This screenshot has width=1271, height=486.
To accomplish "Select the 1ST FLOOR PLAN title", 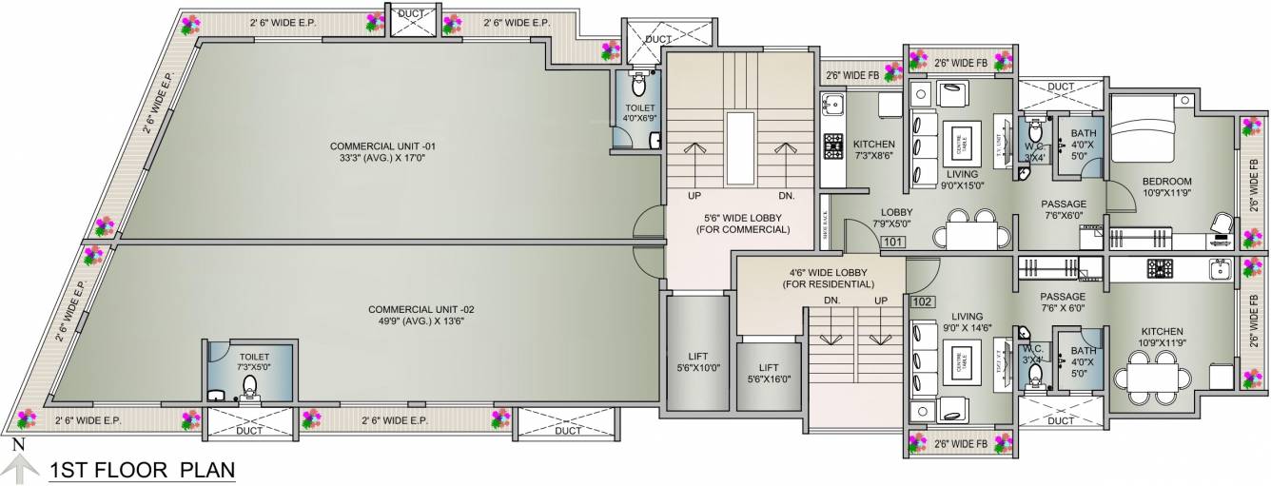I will tap(142, 470).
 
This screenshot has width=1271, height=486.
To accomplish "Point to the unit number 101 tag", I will tap(892, 242).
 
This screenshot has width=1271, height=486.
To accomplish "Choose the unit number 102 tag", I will tap(921, 301).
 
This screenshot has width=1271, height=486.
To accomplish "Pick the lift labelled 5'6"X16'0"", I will tap(769, 373).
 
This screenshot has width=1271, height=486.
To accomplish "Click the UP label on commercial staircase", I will tap(694, 195).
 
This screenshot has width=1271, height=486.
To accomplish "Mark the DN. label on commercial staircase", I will tap(786, 195).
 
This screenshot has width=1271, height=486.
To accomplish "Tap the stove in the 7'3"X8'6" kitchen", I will tap(833, 146).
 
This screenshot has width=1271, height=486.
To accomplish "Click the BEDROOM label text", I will tap(1167, 181).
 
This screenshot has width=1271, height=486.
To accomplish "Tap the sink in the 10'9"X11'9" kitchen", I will tap(1220, 270).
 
